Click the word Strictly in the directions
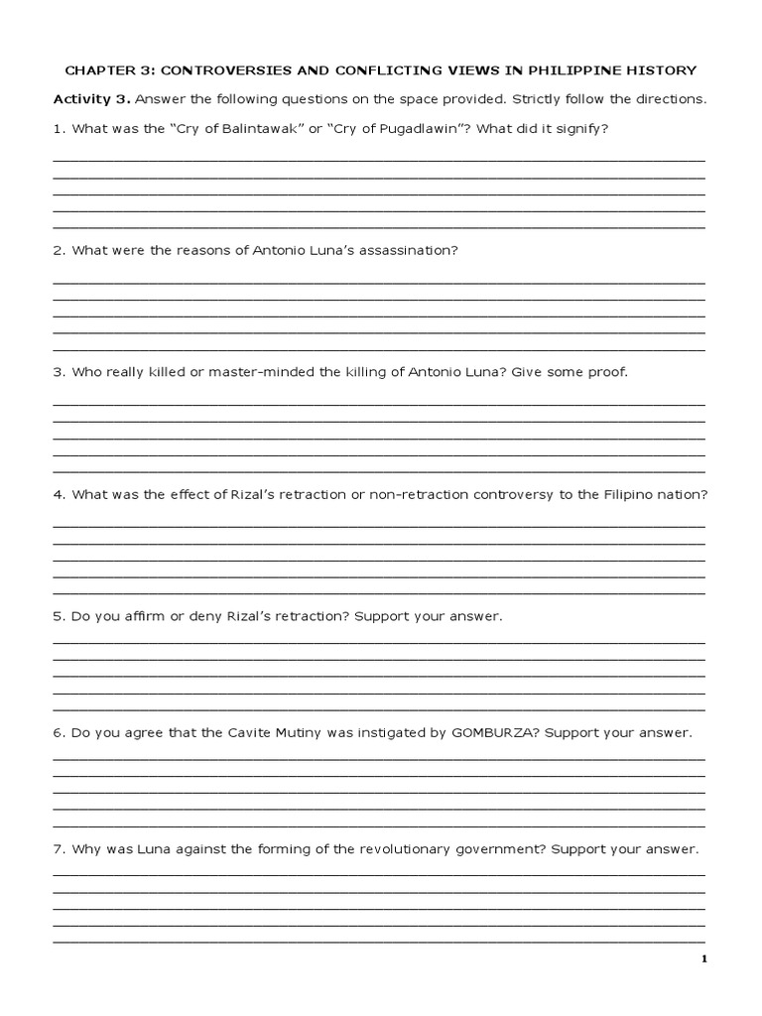pyautogui.click(x=538, y=100)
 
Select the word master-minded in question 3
pyautogui.click(x=240, y=372)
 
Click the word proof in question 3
pyautogui.click(x=607, y=372)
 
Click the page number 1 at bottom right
pyautogui.click(x=703, y=958)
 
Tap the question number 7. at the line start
pyautogui.click(x=60, y=850)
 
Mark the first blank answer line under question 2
pyautogui.click(x=378, y=282)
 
